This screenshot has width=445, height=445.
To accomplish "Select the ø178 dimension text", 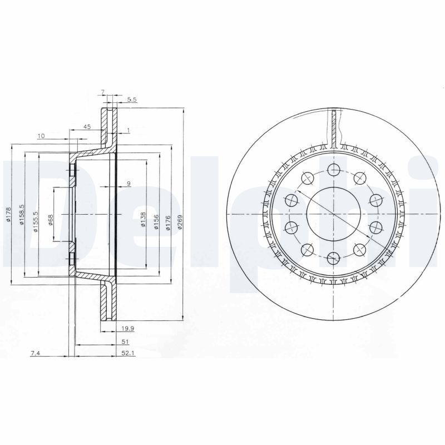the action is [8, 214].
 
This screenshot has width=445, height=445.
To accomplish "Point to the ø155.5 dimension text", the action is [36, 221].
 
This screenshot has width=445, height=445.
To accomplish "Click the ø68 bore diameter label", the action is [51, 220].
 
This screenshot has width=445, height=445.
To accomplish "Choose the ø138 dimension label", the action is [144, 219].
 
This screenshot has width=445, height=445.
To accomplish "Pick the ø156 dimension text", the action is [156, 222].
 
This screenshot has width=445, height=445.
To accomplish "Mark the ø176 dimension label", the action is [168, 223].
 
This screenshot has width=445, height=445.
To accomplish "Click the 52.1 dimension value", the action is [125, 353].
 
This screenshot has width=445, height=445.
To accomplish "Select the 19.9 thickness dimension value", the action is [127, 329].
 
